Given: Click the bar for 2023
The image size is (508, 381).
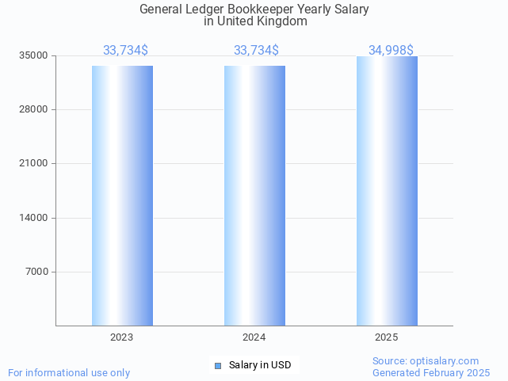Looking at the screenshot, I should (122, 196).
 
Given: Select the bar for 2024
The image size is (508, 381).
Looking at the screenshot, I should (254, 196).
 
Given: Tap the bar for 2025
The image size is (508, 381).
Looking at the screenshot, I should (387, 191).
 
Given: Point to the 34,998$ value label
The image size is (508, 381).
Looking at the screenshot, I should (391, 50).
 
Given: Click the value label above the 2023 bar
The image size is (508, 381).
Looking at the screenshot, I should (125, 50).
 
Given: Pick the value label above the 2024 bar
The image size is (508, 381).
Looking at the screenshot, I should (256, 50).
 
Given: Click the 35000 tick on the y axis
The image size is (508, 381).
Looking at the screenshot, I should (34, 55).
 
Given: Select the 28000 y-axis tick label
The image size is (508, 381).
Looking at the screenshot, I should (34, 109).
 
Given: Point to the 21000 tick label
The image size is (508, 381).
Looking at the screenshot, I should (34, 163).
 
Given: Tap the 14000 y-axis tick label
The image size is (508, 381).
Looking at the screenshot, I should (34, 218).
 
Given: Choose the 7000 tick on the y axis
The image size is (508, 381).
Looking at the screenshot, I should (36, 272).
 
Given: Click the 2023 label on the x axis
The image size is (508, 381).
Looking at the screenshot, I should (122, 337).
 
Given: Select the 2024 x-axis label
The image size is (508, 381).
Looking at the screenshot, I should (254, 337).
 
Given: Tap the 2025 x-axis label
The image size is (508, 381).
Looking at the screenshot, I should (387, 337).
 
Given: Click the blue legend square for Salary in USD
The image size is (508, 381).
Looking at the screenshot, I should (219, 365).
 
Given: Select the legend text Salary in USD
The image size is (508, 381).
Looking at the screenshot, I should (260, 365).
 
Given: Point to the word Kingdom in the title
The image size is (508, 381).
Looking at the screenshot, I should (281, 21).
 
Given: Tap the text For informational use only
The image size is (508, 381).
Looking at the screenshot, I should (69, 372).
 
